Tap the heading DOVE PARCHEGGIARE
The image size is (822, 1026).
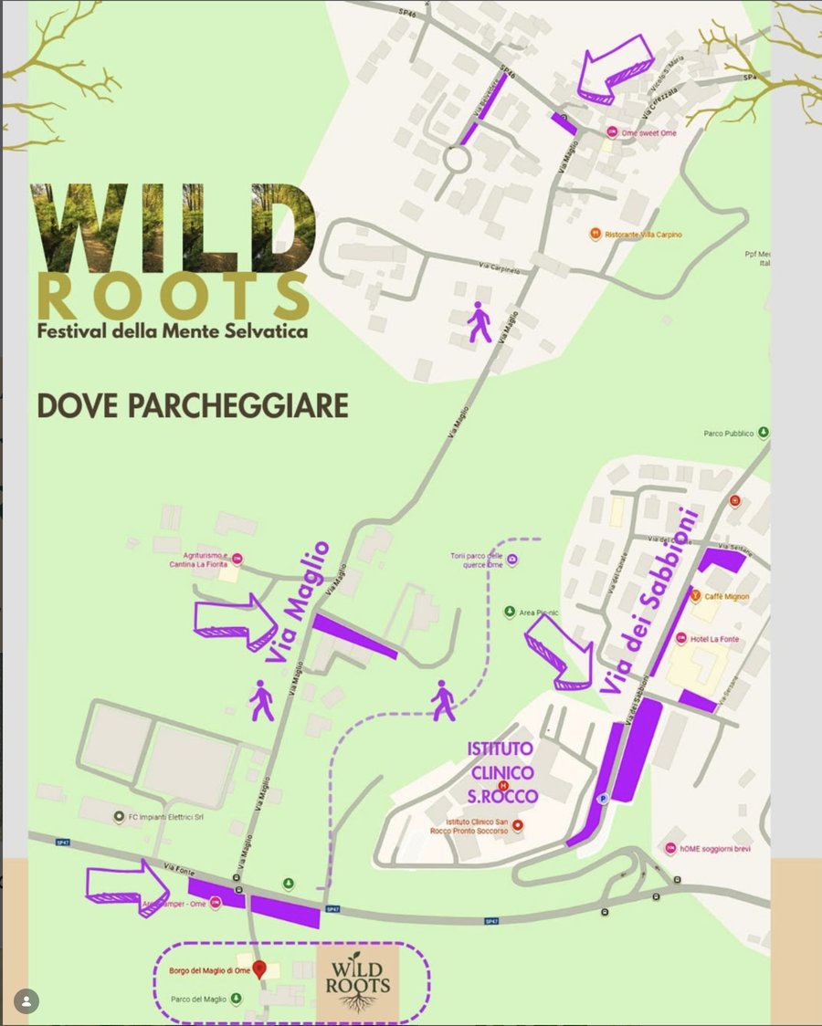point(193,406)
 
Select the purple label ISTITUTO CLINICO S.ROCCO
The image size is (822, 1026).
point(502,772)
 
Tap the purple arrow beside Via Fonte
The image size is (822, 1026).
point(127,884)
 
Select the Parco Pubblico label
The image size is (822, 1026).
point(729,434)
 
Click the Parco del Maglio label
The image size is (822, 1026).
point(197,999)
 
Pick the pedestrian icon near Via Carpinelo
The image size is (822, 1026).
point(479,324)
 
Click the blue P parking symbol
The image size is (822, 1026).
point(602,799)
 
